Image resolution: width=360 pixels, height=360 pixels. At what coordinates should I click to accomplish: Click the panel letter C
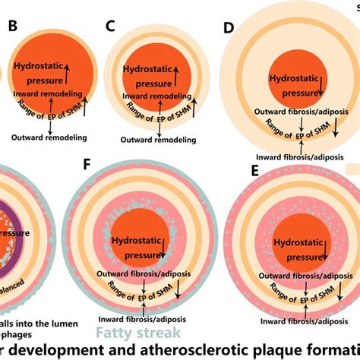[110, 27]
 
